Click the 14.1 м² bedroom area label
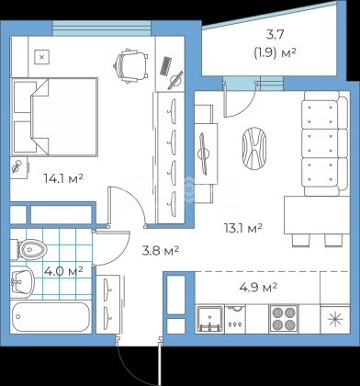coord(63,178)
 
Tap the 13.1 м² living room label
coord(243,228)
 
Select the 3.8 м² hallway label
coord(161,251)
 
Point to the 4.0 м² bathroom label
coord(63,271)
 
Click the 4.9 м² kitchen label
coord(258,288)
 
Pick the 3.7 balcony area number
coord(275,35)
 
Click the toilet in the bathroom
coord(28,249)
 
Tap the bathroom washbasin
coord(21,282)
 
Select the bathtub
coord(51,317)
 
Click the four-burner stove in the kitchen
coord(284,319)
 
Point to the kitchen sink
coord(209,319)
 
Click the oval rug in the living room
coord(254,149)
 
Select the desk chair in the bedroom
coord(130,66)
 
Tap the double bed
coord(54,117)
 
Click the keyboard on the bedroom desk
coord(165,65)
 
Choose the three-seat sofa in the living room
coord(325,143)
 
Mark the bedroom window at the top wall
coord(102,28)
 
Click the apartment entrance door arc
coord(130,368)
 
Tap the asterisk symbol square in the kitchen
coord(335,319)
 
